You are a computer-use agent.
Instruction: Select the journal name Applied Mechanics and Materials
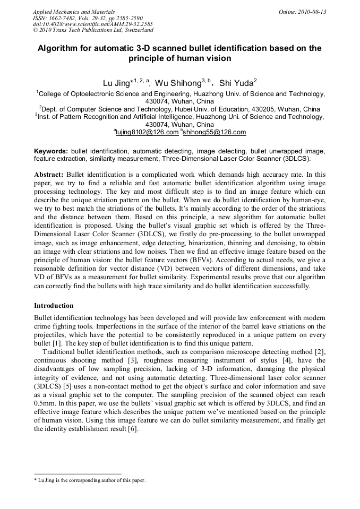(x=74, y=11)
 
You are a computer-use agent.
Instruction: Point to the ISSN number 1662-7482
(x=63, y=18)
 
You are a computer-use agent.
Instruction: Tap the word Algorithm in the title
(x=58, y=48)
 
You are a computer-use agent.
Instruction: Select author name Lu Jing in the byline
(x=116, y=83)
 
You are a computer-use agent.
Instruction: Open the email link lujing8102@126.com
(x=147, y=132)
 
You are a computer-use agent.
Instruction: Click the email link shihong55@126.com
(x=214, y=132)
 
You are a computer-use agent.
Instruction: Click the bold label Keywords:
(x=51, y=151)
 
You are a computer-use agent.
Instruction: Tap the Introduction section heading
(x=54, y=306)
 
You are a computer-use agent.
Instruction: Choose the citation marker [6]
(x=133, y=429)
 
